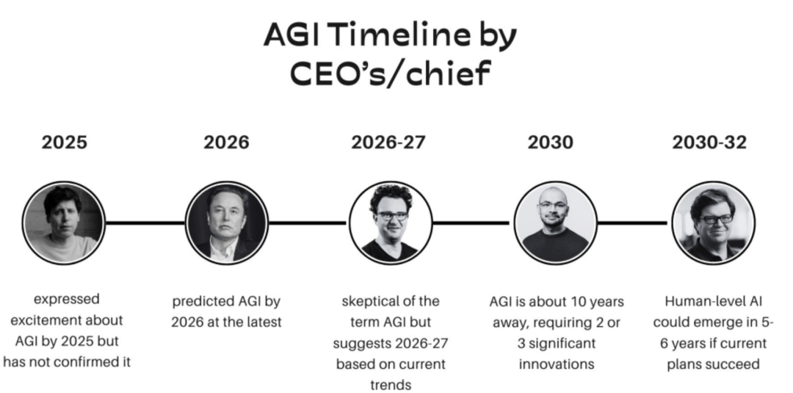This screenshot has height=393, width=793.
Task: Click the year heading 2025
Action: [64, 142]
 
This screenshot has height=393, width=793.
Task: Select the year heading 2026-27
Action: [388, 142]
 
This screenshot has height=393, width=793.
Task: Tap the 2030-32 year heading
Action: [709, 142]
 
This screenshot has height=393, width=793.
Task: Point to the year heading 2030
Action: [550, 142]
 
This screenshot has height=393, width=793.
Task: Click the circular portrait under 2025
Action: [64, 223]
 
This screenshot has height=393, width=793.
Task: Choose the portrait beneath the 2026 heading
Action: [227, 223]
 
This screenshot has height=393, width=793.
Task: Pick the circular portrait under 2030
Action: [555, 223]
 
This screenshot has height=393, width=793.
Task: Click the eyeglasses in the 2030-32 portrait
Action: [716, 219]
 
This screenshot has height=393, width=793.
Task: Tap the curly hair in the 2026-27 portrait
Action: [391, 198]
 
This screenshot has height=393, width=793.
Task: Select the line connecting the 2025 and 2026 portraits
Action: [145, 223]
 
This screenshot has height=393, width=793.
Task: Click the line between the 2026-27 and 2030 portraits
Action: [471, 223]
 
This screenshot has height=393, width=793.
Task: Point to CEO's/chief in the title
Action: [391, 73]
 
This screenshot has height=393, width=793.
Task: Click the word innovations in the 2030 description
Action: [557, 364]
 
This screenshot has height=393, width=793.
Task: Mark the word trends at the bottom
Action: [391, 386]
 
